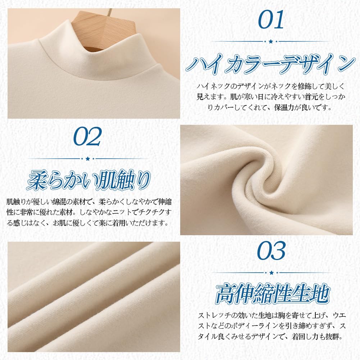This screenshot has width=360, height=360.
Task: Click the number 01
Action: (x=271, y=20)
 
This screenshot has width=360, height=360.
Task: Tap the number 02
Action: (x=87, y=137)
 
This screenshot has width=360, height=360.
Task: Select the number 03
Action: (x=272, y=251)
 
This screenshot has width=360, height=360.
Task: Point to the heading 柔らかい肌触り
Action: (x=88, y=180)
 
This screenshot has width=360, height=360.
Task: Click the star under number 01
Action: (x=271, y=42)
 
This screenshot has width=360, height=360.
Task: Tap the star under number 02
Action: (x=87, y=159)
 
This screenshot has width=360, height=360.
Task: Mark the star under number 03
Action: (x=272, y=273)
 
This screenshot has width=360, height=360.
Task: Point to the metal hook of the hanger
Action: (x=110, y=12)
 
